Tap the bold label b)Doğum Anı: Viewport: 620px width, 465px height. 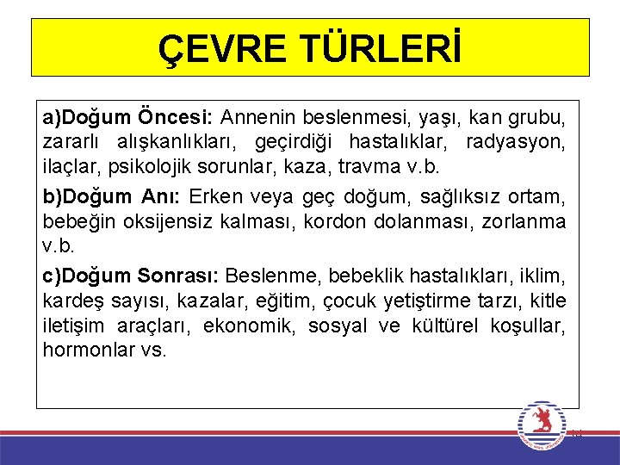click(113, 197)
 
